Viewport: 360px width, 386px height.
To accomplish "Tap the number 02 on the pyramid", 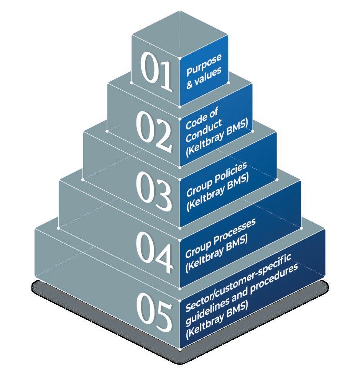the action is pyautogui.click(x=154, y=131).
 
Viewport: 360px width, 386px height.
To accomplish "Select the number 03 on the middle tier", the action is pyautogui.click(x=154, y=191).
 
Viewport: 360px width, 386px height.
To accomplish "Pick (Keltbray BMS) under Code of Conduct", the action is pyautogui.click(x=217, y=140).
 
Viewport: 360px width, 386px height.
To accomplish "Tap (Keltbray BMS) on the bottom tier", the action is pyautogui.click(x=216, y=317).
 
